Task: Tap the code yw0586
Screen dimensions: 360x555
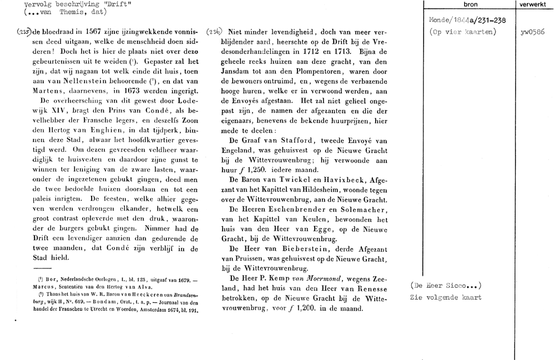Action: tap(532, 32)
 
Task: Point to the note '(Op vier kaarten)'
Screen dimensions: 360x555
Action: tap(462, 32)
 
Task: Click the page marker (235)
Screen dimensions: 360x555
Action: tap(9, 32)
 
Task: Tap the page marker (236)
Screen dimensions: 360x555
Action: tap(213, 32)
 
